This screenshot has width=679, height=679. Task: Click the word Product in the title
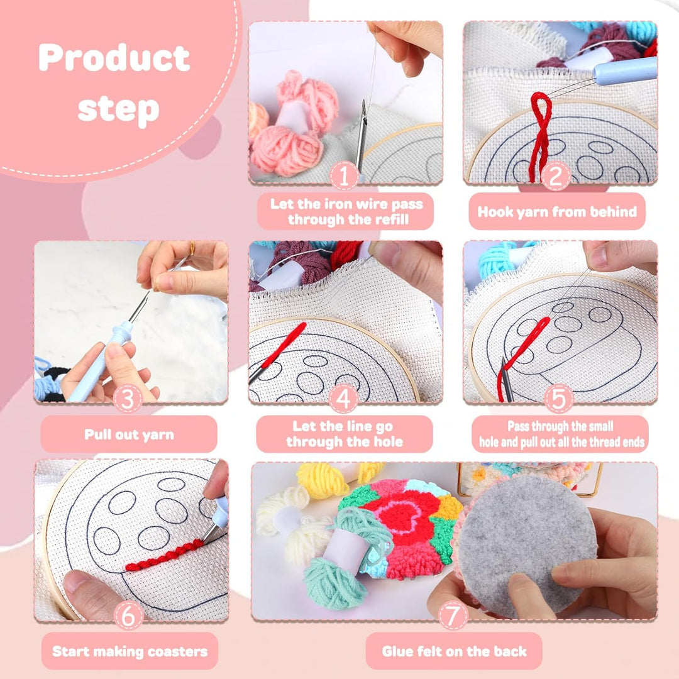[x=114, y=58]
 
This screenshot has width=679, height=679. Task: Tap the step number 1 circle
[x=344, y=177]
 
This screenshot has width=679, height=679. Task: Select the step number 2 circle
[x=556, y=177]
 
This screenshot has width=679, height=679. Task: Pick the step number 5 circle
[x=559, y=398]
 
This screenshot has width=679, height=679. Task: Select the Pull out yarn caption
[x=129, y=434]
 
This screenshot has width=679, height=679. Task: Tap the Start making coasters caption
[x=130, y=651]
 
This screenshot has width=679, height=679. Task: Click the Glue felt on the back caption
[x=454, y=651]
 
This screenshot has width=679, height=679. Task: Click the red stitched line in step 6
[x=165, y=556]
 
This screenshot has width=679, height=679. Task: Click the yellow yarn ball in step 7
[x=323, y=480]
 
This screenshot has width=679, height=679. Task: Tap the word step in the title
[x=118, y=108]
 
